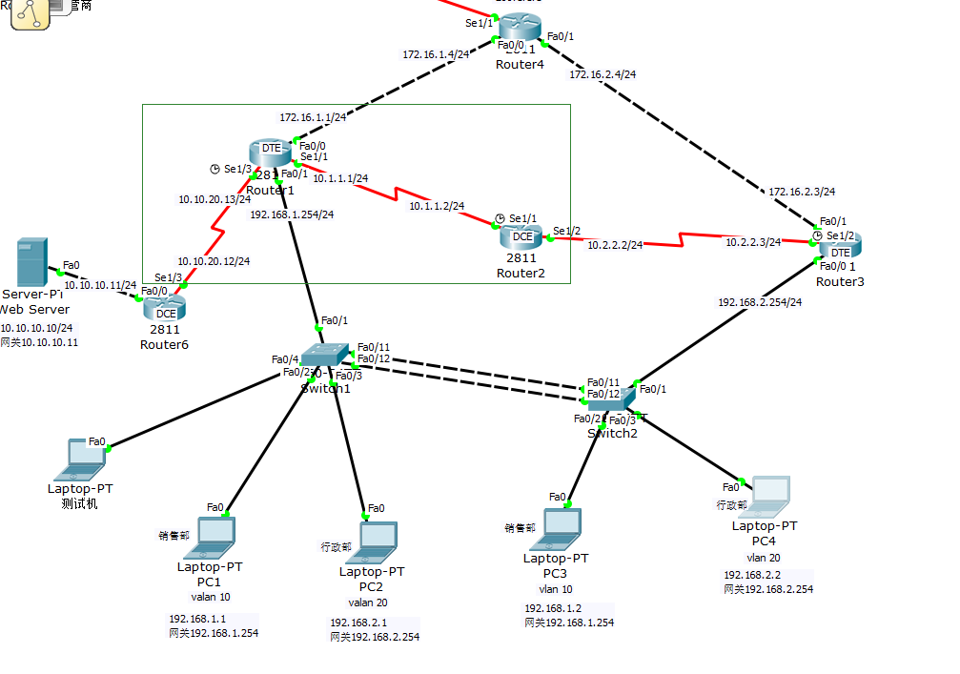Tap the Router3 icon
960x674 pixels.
coord(840,246)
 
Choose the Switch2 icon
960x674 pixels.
coord(610,401)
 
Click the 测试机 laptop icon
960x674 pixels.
coord(80,460)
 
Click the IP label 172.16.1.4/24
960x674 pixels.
coord(436,54)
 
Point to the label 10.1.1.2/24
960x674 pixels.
coord(437,206)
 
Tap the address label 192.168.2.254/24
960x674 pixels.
coord(760,302)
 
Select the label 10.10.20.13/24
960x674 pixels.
coord(214,199)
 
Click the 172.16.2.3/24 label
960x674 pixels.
coord(802,192)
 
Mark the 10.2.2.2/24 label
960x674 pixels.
coord(614,245)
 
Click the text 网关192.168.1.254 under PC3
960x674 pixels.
coord(569,623)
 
